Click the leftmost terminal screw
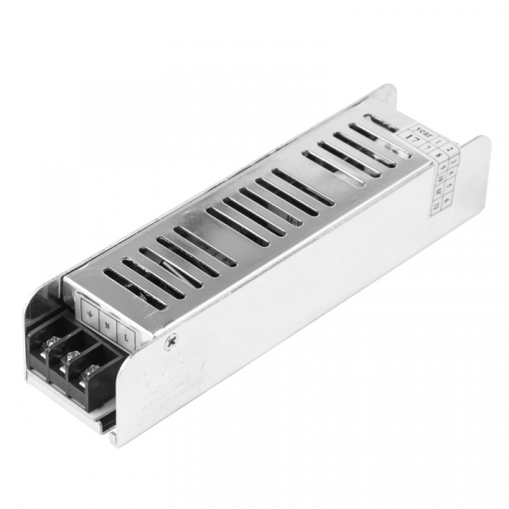51,342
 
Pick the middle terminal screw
71,355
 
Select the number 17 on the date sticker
413,139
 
